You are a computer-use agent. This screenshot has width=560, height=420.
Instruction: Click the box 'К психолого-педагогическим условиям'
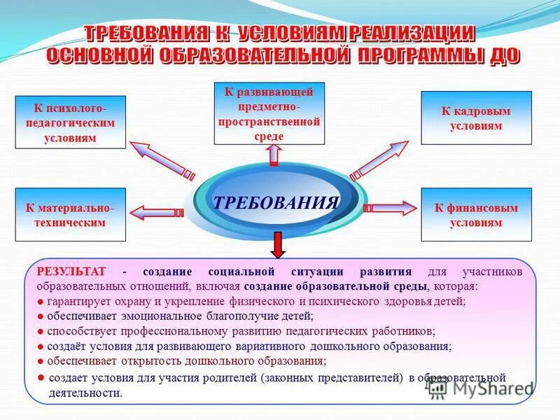click(x=71, y=122)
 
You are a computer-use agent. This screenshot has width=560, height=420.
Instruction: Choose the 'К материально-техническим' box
click(x=71, y=214)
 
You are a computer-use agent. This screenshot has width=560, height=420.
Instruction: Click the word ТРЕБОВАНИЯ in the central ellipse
click(x=276, y=203)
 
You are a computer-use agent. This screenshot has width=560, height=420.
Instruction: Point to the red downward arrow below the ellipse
click(x=278, y=244)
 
